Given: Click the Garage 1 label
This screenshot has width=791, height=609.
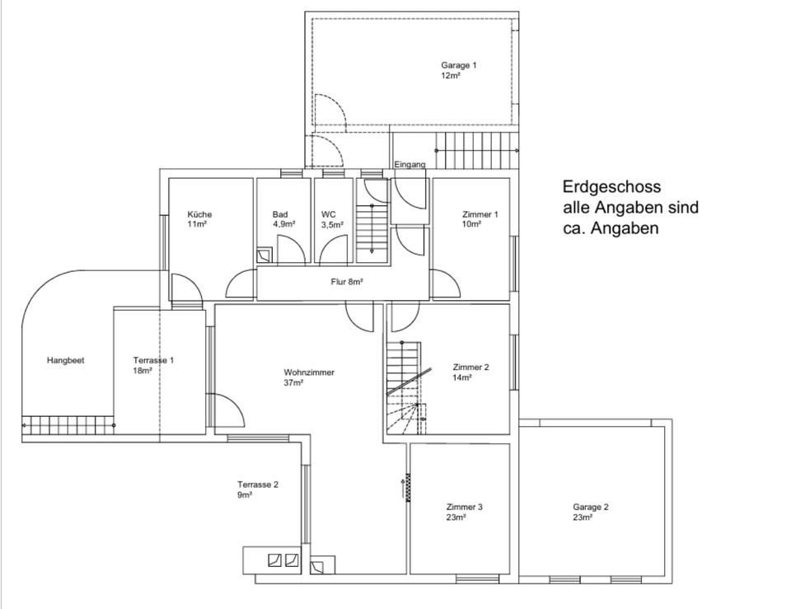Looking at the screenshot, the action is (459, 69).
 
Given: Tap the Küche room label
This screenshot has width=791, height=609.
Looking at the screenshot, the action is (199, 218).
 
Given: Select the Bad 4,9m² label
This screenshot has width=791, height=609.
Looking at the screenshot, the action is (283, 218).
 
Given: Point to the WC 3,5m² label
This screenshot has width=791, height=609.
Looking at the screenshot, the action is (331, 218).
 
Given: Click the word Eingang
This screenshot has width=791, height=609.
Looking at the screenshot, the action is (410, 165).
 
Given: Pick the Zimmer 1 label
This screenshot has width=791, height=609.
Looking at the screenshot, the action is (480, 218).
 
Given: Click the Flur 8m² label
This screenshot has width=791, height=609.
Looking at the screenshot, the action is (347, 282).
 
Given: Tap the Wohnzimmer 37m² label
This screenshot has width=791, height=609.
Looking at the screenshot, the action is (309, 377).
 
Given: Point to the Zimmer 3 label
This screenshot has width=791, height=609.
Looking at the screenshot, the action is (464, 512).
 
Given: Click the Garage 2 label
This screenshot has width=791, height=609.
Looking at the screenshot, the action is (591, 512).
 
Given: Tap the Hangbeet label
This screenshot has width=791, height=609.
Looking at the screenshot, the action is (66, 360).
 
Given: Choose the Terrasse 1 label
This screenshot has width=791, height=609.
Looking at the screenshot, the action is (153, 365).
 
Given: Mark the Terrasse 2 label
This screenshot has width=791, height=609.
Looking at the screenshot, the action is (258, 490).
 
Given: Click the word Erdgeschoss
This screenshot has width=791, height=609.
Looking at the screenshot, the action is (611, 187).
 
